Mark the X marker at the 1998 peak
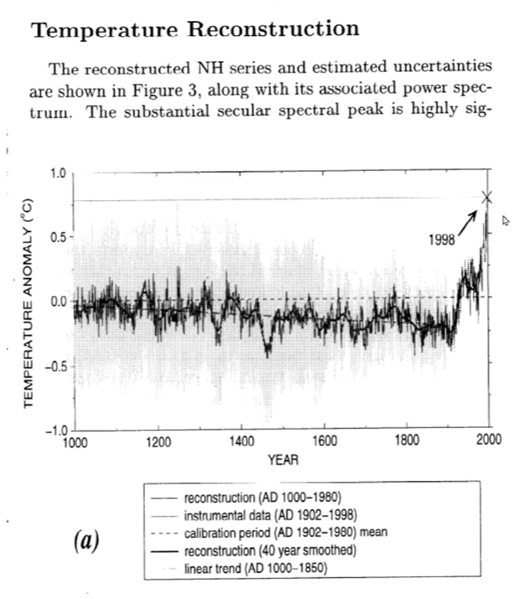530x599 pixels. pos(487,198)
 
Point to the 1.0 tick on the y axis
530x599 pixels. pos(57,174)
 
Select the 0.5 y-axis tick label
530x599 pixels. pos(57,237)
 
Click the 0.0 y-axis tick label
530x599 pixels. pos(57,301)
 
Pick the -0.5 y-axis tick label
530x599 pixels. pos(54,366)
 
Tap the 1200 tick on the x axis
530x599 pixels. pos(157,443)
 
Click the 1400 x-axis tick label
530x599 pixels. pos(241,443)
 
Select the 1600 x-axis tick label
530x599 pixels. pos(324,443)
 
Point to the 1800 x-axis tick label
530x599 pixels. pos(407,443)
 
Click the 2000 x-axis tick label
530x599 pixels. pos(489,443)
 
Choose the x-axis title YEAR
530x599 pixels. pos(283,460)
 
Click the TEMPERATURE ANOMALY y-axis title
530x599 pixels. pos(28,302)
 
